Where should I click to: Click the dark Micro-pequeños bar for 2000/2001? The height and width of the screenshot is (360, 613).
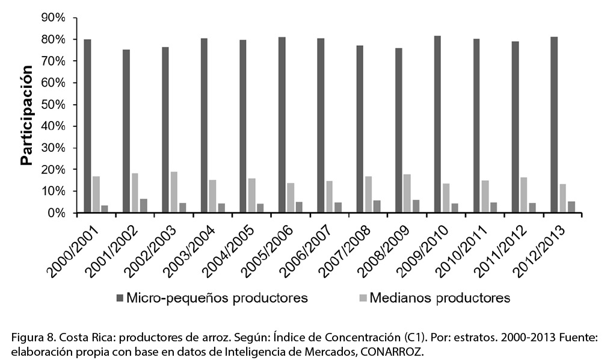click(87, 126)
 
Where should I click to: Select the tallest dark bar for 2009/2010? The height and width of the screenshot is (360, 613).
click(437, 124)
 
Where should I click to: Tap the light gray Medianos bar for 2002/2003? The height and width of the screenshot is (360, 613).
click(174, 192)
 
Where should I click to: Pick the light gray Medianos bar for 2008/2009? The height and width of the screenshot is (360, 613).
click(407, 193)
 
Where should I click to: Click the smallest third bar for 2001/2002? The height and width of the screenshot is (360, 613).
click(143, 205)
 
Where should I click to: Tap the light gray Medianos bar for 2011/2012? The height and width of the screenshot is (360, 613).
click(523, 194)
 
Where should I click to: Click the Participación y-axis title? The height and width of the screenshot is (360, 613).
click(26, 115)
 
